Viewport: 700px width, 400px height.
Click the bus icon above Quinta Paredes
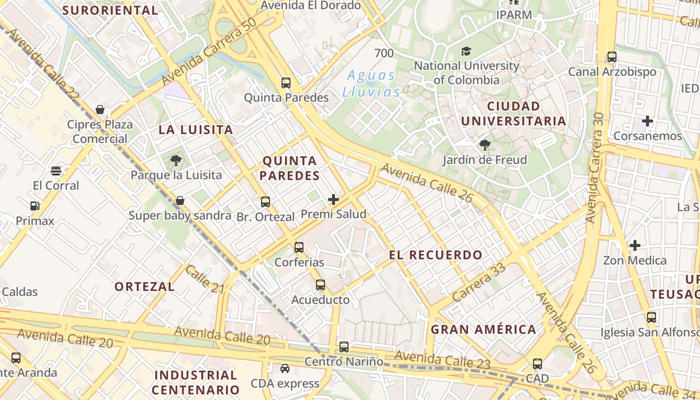pyautogui.click(x=286, y=83)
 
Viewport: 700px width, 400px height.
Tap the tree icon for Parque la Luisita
pyautogui.click(x=175, y=160)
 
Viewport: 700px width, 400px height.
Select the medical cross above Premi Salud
pyautogui.click(x=333, y=200)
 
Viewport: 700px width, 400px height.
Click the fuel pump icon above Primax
pyautogui.click(x=34, y=206)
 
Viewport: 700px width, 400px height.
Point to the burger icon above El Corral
pyautogui.click(x=56, y=171)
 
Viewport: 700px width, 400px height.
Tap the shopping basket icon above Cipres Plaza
pyautogui.click(x=100, y=109)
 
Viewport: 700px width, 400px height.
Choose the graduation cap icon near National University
pyautogui.click(x=466, y=51)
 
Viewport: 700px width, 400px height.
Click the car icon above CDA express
pyautogui.click(x=285, y=368)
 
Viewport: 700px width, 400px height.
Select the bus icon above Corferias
pyautogui.click(x=299, y=247)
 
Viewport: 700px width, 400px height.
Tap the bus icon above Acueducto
pyautogui.click(x=320, y=285)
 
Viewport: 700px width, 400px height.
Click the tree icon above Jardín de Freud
pyautogui.click(x=484, y=145)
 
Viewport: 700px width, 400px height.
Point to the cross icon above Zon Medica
pyautogui.click(x=635, y=245)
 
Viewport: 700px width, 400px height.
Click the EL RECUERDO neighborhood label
pyautogui.click(x=435, y=255)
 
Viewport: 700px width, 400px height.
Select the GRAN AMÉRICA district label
pyautogui.click(x=483, y=329)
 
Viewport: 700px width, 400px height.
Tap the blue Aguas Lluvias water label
pyautogui.click(x=371, y=83)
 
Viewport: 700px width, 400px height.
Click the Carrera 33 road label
pyautogui.click(x=478, y=282)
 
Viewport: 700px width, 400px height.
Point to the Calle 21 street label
pyautogui.click(x=205, y=279)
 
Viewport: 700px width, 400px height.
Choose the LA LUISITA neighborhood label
pyautogui.click(x=196, y=130)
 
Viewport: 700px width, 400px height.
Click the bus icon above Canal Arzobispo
pyautogui.click(x=612, y=57)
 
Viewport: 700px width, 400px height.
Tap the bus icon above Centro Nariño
pyautogui.click(x=344, y=346)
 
